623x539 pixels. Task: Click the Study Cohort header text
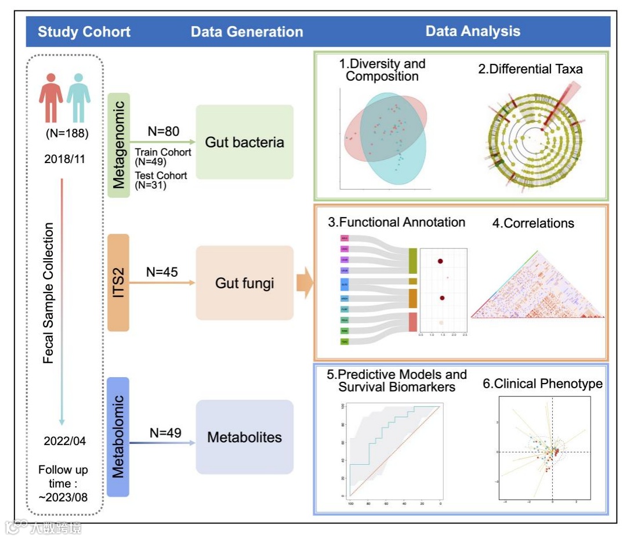point(84,31)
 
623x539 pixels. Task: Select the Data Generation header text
point(247,32)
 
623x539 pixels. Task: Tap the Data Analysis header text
point(473,31)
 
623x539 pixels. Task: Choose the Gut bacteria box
point(244,142)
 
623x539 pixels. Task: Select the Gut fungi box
point(244,283)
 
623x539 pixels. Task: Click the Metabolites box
point(244,437)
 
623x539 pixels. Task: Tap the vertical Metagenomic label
point(118,144)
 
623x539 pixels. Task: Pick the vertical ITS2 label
point(118,283)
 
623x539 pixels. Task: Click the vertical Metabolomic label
point(118,436)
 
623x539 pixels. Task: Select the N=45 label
point(162,272)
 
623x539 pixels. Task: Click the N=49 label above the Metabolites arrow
point(165,432)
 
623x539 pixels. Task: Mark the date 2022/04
point(64,441)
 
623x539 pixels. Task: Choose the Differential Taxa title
point(530,69)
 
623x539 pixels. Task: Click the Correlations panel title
point(533,223)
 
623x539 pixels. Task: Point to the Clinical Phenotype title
point(542,384)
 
